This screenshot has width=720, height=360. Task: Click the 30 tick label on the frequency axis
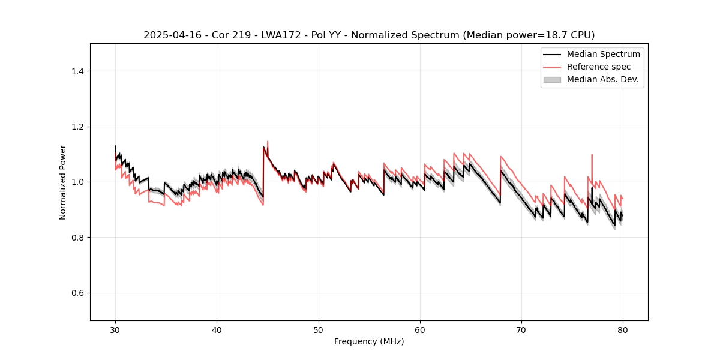pos(115,329)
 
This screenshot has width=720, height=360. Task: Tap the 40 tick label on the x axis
pos(217,329)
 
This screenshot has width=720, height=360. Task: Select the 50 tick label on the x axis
pos(319,329)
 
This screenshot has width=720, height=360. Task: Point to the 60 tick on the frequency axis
pos(420,329)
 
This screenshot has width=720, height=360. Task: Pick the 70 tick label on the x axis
pos(521,329)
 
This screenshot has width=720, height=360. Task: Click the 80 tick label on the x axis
pos(623,329)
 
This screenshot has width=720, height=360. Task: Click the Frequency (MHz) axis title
pos(369,341)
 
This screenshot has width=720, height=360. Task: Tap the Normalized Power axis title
pos(63,182)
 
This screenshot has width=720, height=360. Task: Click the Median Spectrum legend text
pos(603,54)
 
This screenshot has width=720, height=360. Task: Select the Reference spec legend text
pos(598,67)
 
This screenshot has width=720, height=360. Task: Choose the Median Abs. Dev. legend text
pos(602,79)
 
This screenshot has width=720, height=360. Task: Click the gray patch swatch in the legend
pos(552,79)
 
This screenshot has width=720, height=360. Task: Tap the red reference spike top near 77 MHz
pos(592,154)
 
